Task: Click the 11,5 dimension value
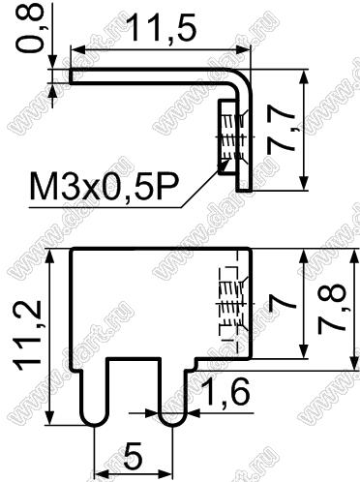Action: tap(161, 28)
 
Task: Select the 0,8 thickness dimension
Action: tap(30, 28)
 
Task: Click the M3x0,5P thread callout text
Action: tap(104, 187)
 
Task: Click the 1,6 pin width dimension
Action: tap(226, 392)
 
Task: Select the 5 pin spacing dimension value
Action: tap(133, 458)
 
